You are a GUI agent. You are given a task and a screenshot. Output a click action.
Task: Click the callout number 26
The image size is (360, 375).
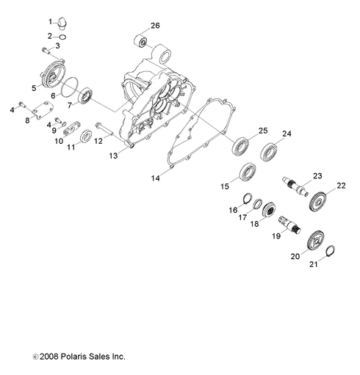(155, 26)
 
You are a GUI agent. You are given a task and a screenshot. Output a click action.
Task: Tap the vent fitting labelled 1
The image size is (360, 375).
(62, 23)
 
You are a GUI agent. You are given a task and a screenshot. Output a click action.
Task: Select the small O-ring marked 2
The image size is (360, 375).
(62, 37)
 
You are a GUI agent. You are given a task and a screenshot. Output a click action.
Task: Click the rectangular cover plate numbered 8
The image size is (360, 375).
(43, 110)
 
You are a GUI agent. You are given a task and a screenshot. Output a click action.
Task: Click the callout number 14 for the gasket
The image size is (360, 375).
(155, 178)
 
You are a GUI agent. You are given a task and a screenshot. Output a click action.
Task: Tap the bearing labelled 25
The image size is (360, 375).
(240, 147)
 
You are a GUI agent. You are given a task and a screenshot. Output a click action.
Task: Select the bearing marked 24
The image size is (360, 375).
(269, 150)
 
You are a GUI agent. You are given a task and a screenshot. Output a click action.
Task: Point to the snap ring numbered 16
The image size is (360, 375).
(248, 197)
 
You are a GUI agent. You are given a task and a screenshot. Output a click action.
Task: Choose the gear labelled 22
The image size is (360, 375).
(317, 203)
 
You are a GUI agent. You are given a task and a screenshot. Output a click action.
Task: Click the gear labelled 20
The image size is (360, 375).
(315, 240)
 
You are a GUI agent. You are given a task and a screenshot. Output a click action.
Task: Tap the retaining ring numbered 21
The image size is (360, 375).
(331, 250)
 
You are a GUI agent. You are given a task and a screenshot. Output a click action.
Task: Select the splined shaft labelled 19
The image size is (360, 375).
(289, 225)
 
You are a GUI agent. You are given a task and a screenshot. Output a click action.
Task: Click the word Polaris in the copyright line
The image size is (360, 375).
(73, 357)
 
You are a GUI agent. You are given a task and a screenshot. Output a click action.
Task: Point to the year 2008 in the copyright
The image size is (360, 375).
(48, 357)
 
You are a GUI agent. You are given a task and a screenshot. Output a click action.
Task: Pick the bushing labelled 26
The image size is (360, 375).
(140, 41)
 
